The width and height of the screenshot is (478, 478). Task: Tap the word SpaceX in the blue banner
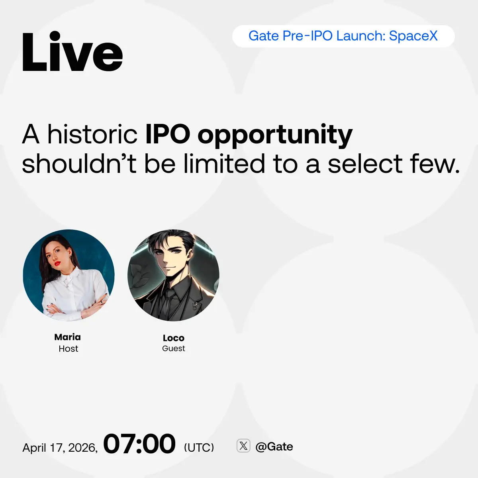coord(413,36)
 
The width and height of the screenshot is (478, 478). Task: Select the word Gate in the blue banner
coord(264,36)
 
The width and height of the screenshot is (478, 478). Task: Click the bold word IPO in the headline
coord(168,134)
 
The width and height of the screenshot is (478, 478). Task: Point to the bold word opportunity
coord(275,136)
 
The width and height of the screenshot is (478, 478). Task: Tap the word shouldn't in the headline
coord(79,163)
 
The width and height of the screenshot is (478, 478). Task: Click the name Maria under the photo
coord(67,337)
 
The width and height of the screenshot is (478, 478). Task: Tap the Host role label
coord(69,349)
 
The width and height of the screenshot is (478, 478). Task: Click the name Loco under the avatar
coord(174,338)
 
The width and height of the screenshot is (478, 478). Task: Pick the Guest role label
coord(174,349)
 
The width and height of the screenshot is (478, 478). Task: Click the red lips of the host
coord(57,263)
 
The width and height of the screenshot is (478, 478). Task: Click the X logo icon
coord(243,446)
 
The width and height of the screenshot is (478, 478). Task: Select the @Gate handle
coord(274,447)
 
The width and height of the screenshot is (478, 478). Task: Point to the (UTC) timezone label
coord(199,447)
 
